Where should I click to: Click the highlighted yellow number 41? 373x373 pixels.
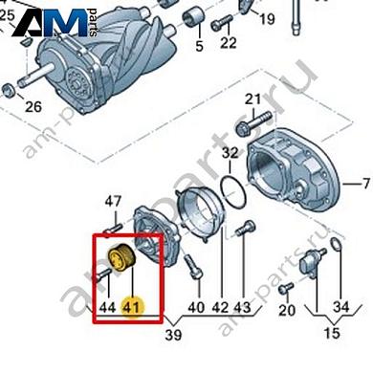[132, 308]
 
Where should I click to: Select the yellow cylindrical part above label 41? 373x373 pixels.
[122, 258]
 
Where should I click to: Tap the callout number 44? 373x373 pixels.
[107, 308]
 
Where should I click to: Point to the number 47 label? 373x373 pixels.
[114, 202]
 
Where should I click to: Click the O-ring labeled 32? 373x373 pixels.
[233, 192]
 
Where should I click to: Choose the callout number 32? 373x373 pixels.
[230, 153]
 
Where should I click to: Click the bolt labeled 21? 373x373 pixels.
[254, 122]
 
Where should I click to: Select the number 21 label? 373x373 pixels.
[252, 99]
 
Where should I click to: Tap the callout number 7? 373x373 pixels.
[366, 184]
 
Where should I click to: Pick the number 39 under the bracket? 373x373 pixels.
[174, 335]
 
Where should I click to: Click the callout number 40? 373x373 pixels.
[196, 308]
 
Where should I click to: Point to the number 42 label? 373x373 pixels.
[220, 308]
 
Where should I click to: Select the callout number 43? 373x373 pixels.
[242, 308]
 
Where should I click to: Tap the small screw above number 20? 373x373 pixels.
[286, 288]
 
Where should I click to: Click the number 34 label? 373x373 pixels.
[341, 307]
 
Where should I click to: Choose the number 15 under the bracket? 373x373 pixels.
[332, 333]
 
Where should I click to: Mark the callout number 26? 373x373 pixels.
[33, 107]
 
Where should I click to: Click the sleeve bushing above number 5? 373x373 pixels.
[193, 18]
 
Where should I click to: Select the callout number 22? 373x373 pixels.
[229, 42]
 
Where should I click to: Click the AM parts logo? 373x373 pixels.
[55, 22]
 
